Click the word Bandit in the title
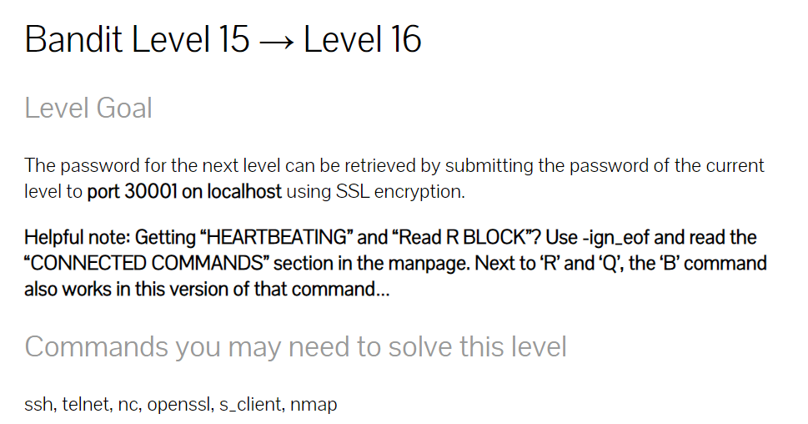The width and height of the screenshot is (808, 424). (x=69, y=39)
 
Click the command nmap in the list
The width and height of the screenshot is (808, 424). (x=315, y=406)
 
